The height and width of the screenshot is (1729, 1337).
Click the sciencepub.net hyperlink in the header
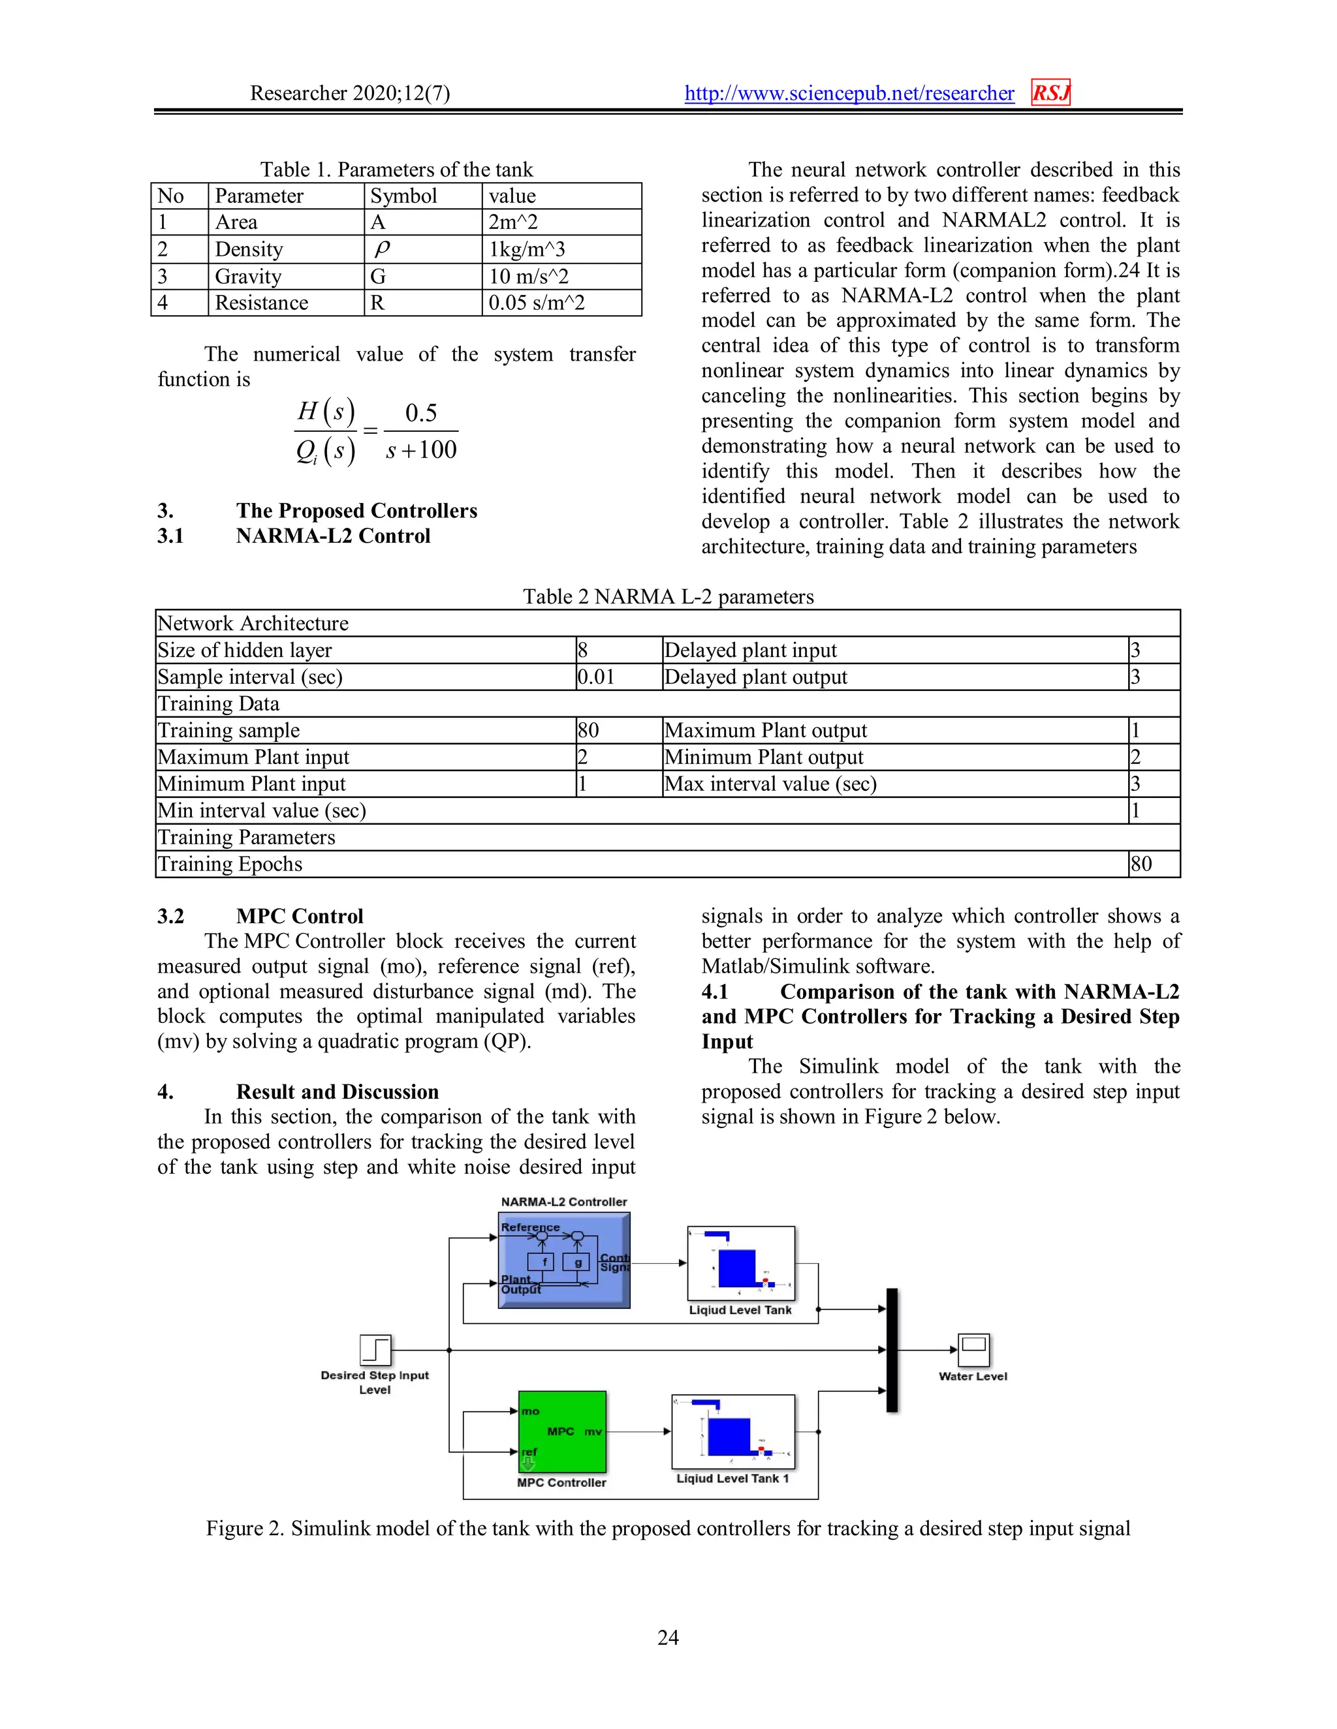point(849,93)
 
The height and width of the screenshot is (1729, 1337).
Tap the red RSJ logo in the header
point(1050,93)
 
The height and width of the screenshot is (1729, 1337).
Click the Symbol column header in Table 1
point(403,196)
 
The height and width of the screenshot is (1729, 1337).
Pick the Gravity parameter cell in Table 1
point(248,276)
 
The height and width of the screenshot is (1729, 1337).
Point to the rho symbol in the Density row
point(382,249)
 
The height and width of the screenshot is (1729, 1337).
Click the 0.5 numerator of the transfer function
point(420,412)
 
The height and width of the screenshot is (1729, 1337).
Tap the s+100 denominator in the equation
point(420,450)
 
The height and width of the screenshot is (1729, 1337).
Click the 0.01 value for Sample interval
point(595,677)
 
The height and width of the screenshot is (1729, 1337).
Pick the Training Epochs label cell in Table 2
point(230,864)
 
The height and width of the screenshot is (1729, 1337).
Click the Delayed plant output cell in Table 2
point(755,677)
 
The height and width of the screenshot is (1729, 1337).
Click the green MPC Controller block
point(561,1431)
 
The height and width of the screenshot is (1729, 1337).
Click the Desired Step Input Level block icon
point(375,1350)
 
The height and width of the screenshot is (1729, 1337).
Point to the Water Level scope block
point(973,1350)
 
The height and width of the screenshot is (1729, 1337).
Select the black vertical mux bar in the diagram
point(892,1350)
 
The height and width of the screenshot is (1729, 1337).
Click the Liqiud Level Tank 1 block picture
point(732,1431)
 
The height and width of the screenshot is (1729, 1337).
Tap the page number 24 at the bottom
point(668,1637)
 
